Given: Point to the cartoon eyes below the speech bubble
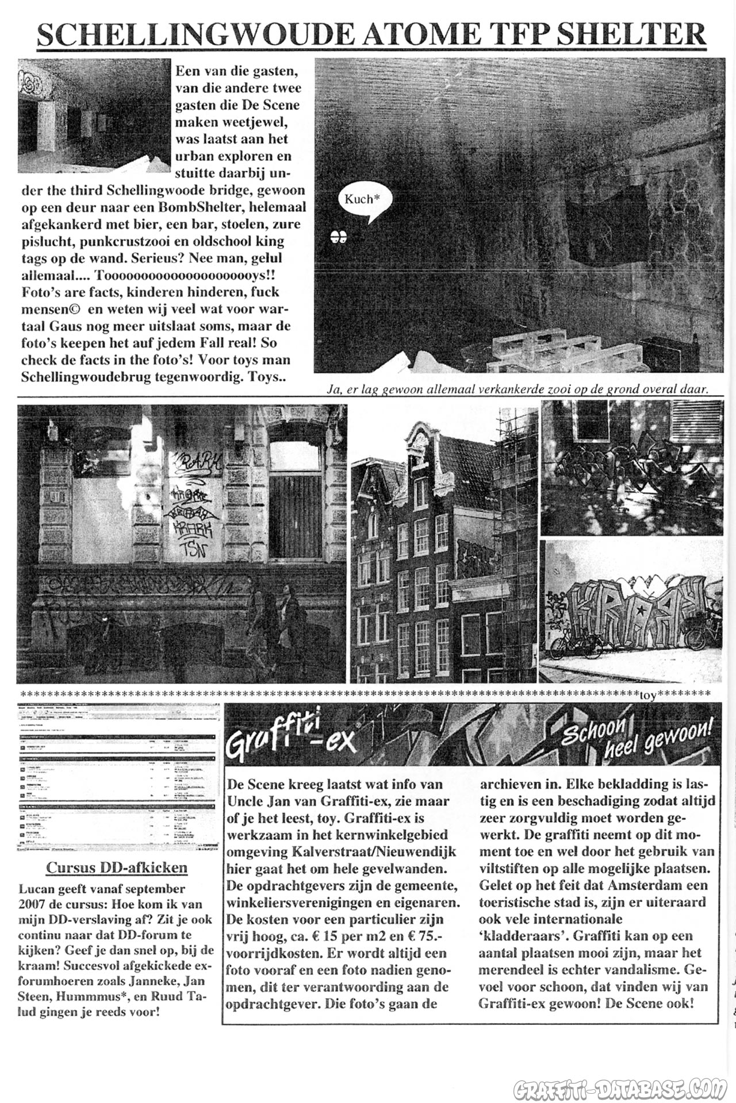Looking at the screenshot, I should click(x=339, y=236).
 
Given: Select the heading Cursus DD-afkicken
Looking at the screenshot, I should click(x=117, y=867).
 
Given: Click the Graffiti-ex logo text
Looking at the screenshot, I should click(x=290, y=741).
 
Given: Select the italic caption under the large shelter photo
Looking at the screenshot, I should click(x=517, y=389).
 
